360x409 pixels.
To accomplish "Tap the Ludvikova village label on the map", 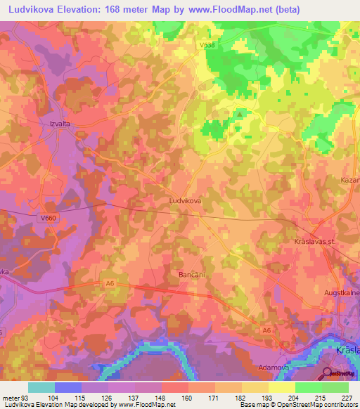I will tap(186, 200).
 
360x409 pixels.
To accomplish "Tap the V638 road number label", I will tap(207, 44).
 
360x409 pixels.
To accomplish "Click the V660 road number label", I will tap(48, 219).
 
